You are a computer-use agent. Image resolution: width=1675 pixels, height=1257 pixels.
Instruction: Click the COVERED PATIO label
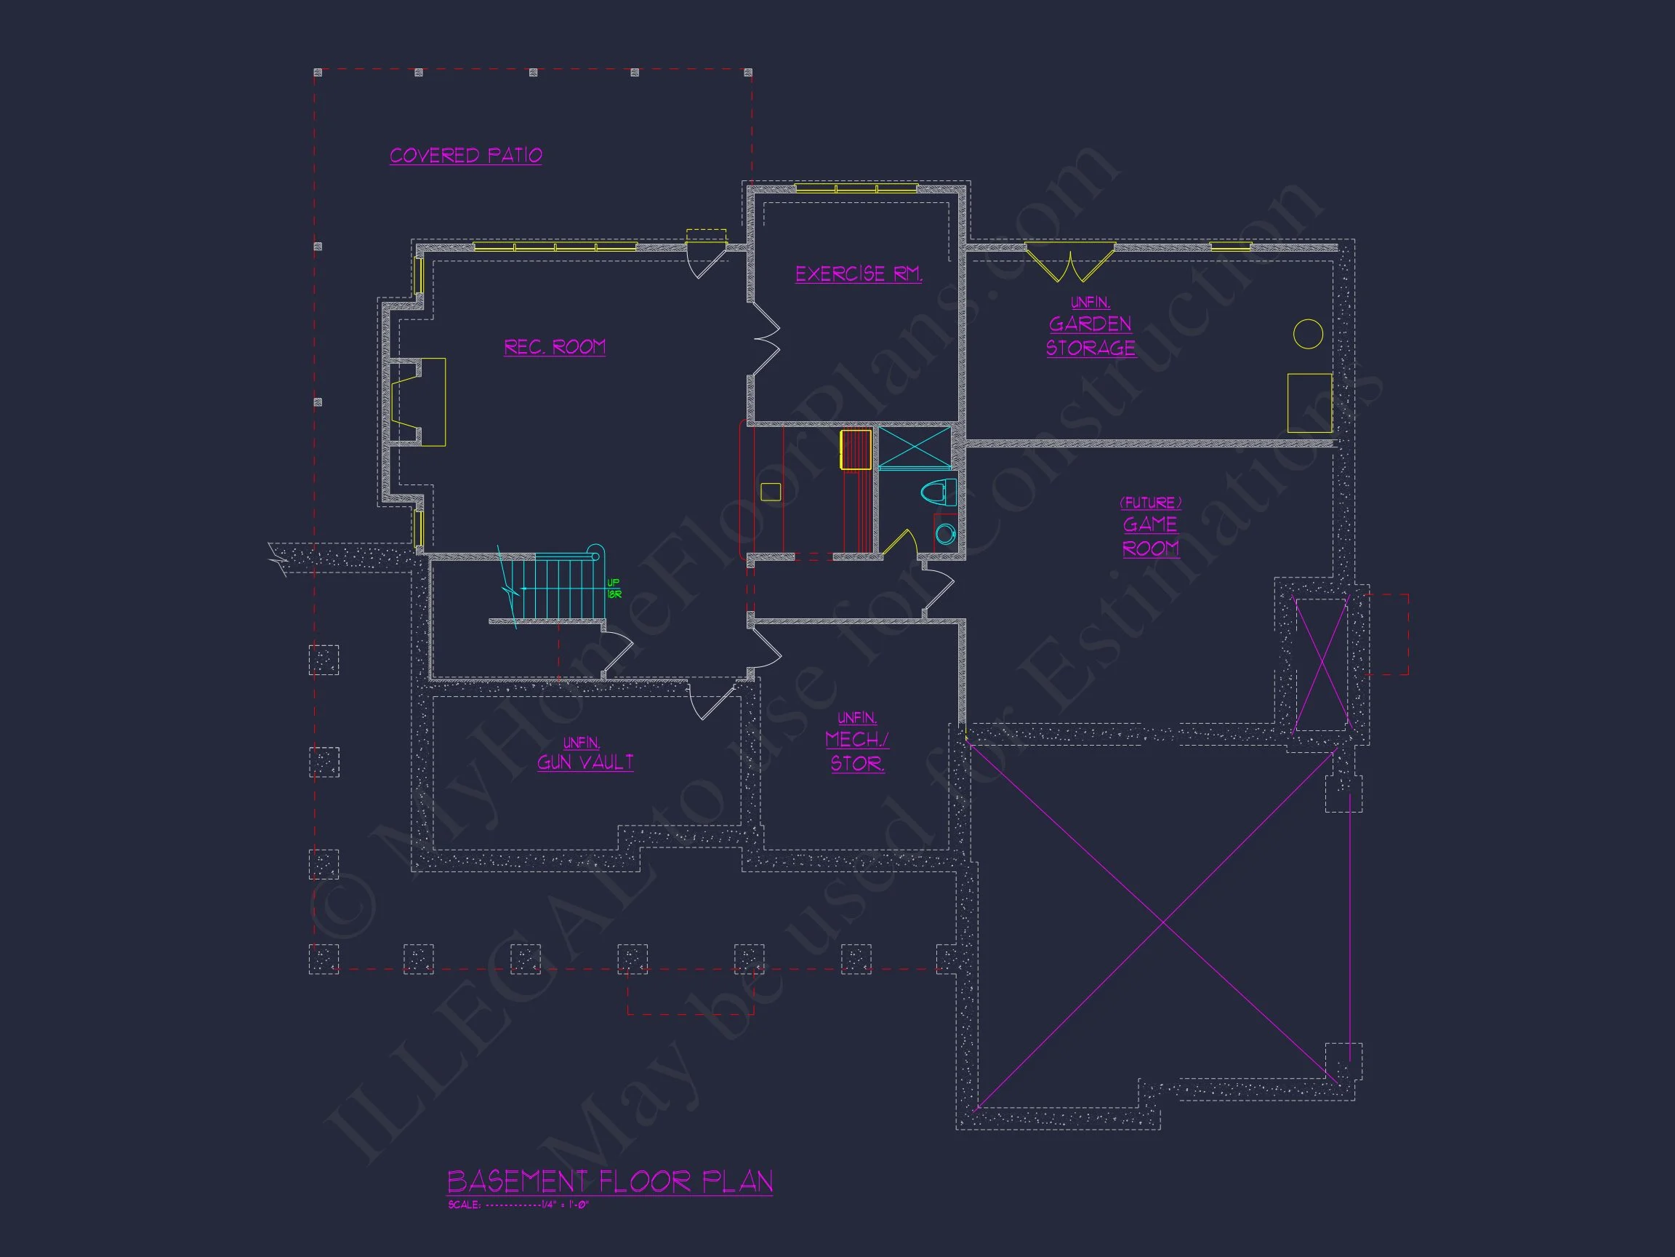click(x=466, y=156)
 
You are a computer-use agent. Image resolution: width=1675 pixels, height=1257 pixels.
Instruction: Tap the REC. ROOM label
click(x=554, y=347)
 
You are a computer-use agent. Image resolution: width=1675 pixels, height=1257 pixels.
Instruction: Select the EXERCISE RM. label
click(x=858, y=274)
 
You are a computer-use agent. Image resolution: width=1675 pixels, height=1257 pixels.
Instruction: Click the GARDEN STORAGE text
click(x=1090, y=335)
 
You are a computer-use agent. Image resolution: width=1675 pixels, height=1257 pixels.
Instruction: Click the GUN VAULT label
click(x=585, y=762)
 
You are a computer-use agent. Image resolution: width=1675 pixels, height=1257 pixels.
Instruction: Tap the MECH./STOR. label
click(x=857, y=751)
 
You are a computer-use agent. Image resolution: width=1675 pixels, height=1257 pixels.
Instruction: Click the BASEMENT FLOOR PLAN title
click(x=609, y=1181)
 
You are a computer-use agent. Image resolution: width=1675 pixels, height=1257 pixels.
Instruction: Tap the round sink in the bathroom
click(x=945, y=534)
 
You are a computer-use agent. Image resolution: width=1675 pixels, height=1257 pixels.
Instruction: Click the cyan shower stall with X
click(x=914, y=449)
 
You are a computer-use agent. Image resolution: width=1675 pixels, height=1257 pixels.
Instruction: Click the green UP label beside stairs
click(x=614, y=583)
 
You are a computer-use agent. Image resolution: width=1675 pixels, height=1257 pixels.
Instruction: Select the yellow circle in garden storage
click(x=1308, y=333)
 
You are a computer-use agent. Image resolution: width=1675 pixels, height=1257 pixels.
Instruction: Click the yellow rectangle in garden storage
click(x=1309, y=402)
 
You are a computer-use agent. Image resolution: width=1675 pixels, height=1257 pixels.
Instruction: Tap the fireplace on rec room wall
click(x=418, y=402)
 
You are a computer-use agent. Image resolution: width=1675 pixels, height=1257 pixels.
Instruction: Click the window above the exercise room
click(x=856, y=188)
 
